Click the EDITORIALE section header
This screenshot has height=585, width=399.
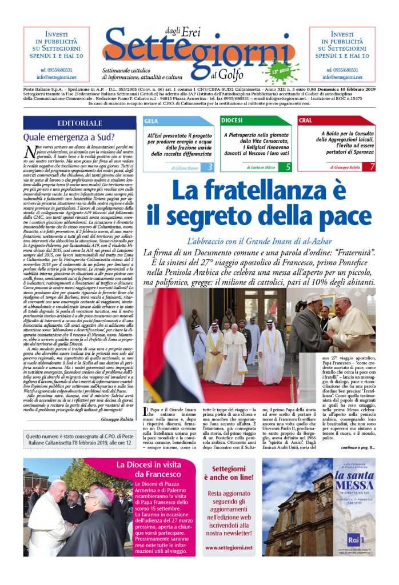tap(79, 123)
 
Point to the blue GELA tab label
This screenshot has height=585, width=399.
tap(151, 121)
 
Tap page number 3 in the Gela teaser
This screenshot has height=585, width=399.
tap(210, 167)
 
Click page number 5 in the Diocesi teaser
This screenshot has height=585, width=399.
tap(288, 167)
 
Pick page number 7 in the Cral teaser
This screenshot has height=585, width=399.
tap(372, 167)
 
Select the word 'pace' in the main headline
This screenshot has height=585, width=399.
tap(341, 217)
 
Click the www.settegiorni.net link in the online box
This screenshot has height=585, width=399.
tap(229, 547)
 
